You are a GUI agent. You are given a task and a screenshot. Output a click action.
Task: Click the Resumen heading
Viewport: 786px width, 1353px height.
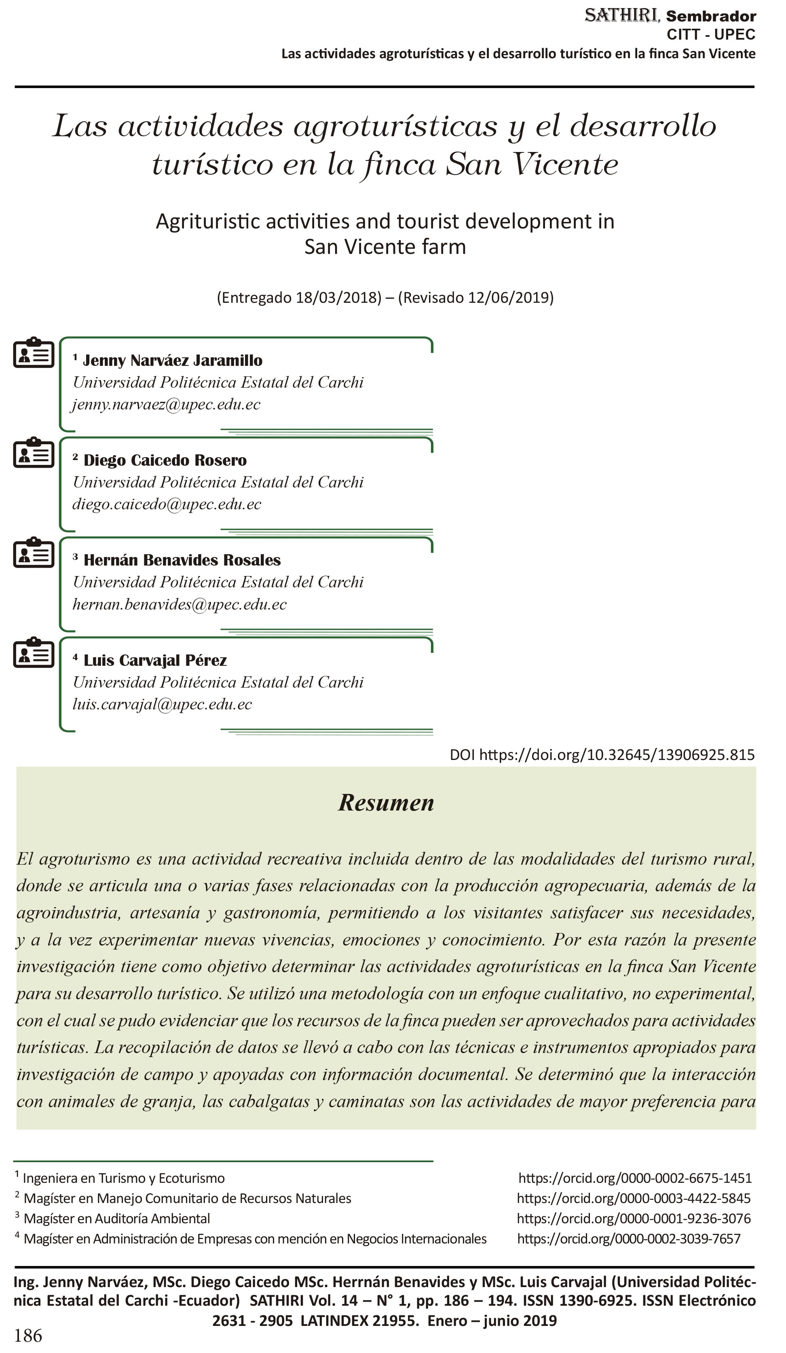[386, 803]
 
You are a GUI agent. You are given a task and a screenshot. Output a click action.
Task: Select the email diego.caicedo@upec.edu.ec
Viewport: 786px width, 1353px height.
[167, 504]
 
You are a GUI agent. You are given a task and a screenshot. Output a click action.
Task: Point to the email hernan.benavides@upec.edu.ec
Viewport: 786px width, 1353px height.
[180, 605]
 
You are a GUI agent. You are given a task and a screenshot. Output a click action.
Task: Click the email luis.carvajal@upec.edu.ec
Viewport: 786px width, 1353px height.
[162, 705]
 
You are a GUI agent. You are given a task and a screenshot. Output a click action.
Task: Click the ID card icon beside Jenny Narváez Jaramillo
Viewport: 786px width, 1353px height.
[33, 353]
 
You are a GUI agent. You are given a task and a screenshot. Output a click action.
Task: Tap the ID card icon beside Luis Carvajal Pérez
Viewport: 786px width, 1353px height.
[33, 652]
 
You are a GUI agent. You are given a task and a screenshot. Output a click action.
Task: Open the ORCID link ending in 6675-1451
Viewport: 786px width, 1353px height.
[635, 1178]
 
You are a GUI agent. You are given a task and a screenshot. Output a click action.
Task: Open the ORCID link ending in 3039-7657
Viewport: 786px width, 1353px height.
[629, 1239]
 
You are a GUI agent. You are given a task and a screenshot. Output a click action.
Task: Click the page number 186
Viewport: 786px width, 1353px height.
[28, 1335]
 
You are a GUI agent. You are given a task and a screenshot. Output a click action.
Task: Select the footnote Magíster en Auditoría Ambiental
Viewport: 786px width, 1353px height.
[116, 1219]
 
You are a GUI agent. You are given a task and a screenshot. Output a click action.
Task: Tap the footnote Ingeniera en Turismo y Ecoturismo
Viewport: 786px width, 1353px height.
[123, 1178]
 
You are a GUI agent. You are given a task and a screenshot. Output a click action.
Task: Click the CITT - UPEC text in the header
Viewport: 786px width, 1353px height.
[710, 34]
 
